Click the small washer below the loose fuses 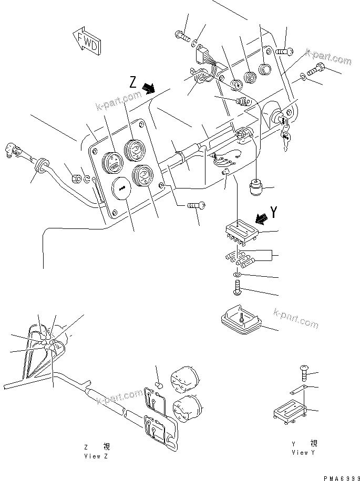236,275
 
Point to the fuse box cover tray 240,321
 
